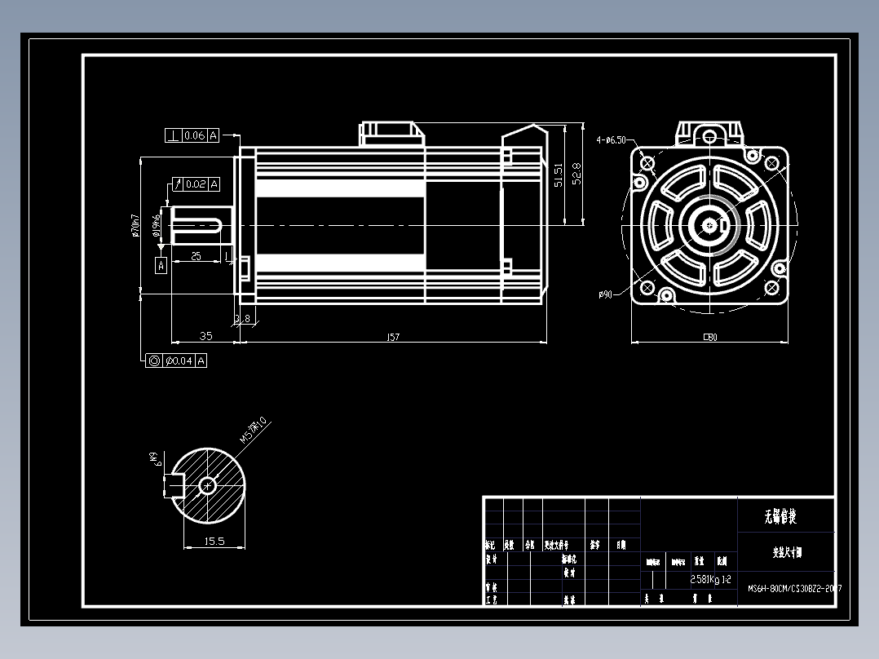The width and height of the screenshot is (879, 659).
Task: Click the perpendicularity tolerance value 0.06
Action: [x=195, y=135]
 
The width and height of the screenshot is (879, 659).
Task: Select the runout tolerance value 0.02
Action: [x=196, y=184]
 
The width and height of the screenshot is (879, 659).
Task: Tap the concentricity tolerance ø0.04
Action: [x=179, y=360]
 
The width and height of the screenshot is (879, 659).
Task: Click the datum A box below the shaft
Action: [x=161, y=264]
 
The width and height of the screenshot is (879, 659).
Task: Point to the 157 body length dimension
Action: [x=393, y=337]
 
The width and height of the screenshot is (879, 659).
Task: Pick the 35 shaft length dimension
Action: [x=205, y=335]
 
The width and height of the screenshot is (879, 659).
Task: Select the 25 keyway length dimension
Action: [x=196, y=256]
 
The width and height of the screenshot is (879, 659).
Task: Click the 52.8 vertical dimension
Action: [x=577, y=173]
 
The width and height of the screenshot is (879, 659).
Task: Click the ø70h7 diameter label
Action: [x=136, y=226]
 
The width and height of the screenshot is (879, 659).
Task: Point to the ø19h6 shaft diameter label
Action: [x=156, y=222]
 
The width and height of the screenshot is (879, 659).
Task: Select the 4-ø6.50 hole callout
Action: [x=611, y=140]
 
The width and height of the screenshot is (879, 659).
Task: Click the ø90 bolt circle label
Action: [x=605, y=294]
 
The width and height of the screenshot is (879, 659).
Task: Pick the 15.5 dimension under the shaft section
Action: [x=214, y=541]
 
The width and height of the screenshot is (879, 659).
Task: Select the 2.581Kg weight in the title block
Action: [x=705, y=580]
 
